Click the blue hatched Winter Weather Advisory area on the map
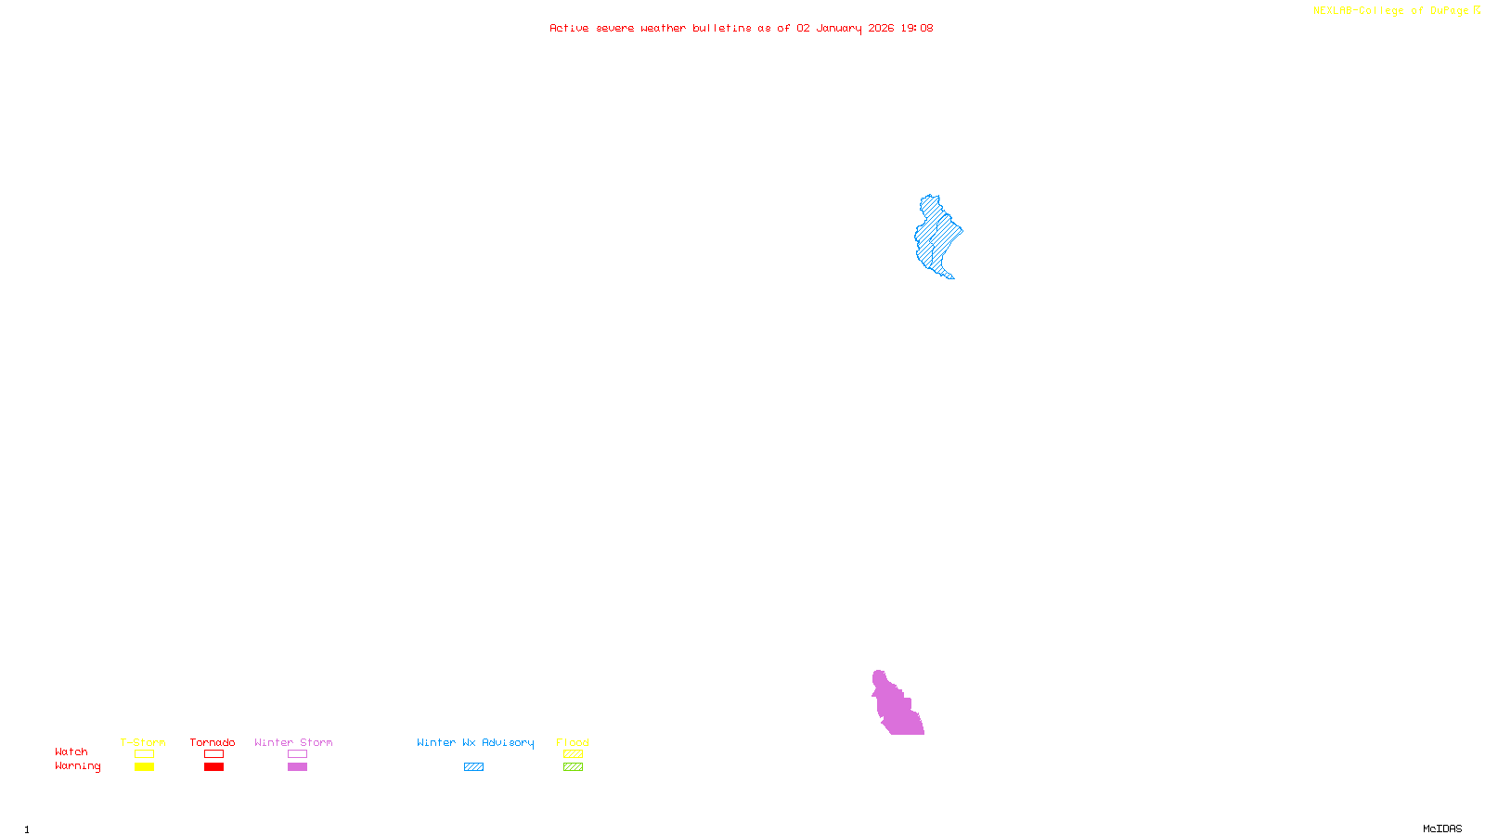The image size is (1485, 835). tap(937, 236)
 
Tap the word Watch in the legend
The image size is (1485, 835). tap(71, 751)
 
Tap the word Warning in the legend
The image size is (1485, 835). tap(77, 766)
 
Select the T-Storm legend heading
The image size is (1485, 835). tap(143, 742)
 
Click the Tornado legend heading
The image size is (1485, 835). tap(213, 742)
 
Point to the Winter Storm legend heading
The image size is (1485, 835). tap(293, 742)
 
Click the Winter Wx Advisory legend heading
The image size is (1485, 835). tap(475, 742)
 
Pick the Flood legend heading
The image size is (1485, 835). tap(573, 742)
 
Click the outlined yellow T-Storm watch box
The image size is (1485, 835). tap(144, 754)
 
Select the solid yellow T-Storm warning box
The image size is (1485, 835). tap(144, 767)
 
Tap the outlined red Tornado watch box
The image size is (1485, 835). tap(213, 754)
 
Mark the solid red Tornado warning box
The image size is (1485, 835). tap(213, 767)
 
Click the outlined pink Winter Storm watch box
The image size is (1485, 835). tap(297, 754)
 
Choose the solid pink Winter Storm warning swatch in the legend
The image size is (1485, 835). tap(297, 767)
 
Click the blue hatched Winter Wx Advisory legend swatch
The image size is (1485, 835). tap(473, 767)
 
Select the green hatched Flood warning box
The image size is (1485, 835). tap(573, 767)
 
